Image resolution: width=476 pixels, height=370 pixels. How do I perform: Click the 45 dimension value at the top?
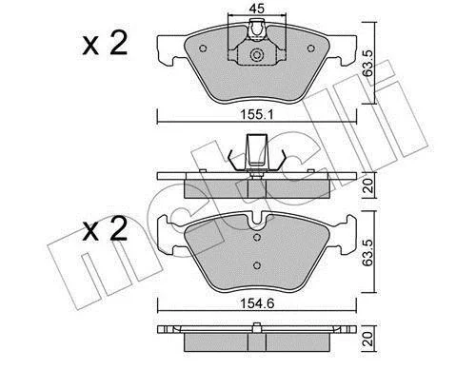(x=256, y=9)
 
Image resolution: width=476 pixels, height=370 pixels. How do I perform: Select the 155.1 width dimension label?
(x=257, y=115)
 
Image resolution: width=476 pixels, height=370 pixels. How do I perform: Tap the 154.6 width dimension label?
(x=257, y=303)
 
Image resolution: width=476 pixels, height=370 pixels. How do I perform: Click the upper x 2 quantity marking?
(x=105, y=44)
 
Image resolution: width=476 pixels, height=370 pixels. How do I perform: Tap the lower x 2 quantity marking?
(x=105, y=229)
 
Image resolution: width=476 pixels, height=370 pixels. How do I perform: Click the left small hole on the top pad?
(x=203, y=49)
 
